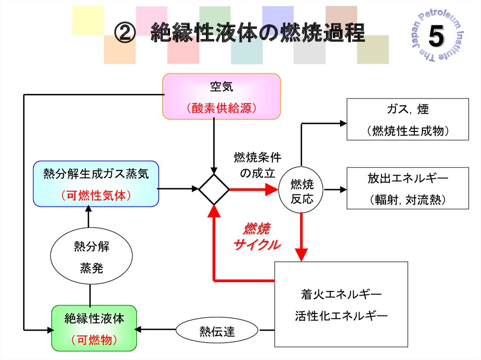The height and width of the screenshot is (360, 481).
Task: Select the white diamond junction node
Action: coord(214,189)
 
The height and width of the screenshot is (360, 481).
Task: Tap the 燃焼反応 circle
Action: coord(302,191)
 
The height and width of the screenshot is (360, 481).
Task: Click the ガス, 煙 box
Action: coord(407,119)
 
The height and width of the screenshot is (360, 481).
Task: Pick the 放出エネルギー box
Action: coord(407,188)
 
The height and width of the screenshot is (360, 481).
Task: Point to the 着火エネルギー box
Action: coord(341,304)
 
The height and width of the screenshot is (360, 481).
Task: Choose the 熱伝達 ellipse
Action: coord(217,331)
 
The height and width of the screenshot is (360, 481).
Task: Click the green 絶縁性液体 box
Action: coord(94,328)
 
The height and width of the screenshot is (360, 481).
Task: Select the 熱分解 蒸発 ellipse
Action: coord(91,257)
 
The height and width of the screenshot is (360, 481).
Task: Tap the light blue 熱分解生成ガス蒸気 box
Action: coord(96,184)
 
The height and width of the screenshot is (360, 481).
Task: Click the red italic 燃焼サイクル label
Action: coord(256,237)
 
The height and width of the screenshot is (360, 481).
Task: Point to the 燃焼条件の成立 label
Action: coord(257,164)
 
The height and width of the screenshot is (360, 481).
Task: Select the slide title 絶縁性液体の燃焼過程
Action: coord(257,34)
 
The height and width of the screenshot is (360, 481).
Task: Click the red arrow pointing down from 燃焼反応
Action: coord(301,237)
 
